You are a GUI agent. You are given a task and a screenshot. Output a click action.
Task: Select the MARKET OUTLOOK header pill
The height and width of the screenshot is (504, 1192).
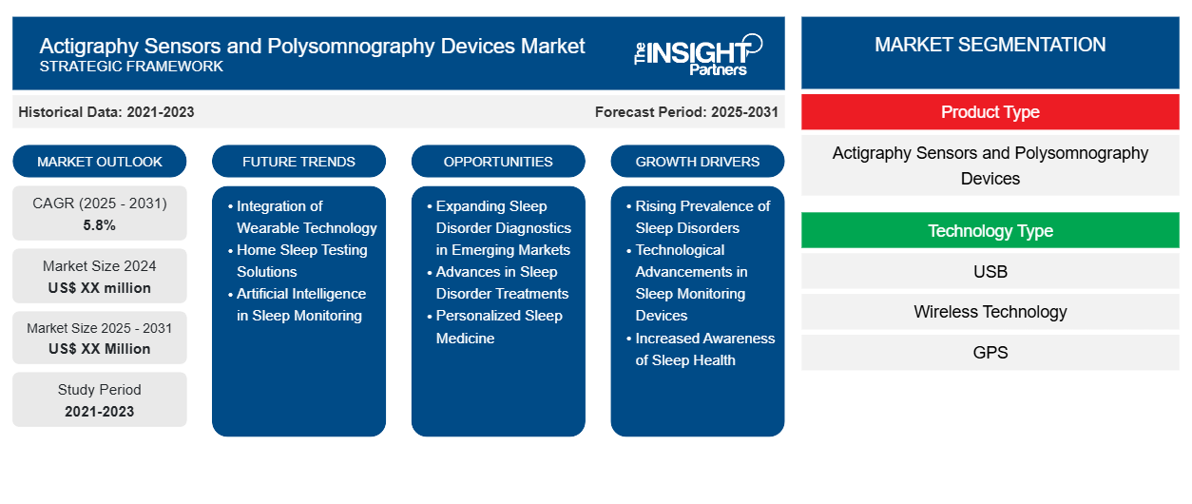click(100, 162)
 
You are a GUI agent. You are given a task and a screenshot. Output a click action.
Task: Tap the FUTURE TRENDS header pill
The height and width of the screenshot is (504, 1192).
click(298, 162)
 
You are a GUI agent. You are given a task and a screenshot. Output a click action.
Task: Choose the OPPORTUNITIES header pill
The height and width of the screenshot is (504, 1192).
click(498, 162)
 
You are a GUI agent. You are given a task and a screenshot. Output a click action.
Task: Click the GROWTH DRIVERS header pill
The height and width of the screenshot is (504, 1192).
click(698, 162)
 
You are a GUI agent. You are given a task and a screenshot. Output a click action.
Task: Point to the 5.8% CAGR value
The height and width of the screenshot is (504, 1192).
click(100, 225)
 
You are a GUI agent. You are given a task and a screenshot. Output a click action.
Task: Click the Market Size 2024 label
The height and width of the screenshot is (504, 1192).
click(100, 266)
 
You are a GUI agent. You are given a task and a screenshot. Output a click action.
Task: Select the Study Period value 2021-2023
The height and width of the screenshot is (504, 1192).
click(100, 411)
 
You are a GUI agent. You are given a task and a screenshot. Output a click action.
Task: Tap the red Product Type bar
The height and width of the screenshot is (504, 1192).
click(990, 112)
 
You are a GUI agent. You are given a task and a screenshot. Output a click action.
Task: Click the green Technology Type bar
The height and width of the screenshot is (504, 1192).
click(990, 231)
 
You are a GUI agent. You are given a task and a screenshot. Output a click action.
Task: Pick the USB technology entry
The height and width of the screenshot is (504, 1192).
click(990, 272)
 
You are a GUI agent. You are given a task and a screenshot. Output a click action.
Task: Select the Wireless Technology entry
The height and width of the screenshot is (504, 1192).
click(990, 312)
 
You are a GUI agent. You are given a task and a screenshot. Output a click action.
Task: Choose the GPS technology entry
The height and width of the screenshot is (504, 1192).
click(990, 353)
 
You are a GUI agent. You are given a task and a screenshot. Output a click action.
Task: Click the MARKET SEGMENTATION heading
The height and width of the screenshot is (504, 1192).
click(990, 45)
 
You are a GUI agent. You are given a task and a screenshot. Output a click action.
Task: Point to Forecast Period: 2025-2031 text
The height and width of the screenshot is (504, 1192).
click(686, 112)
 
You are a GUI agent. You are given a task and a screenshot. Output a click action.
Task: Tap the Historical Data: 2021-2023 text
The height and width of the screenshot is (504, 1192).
click(106, 112)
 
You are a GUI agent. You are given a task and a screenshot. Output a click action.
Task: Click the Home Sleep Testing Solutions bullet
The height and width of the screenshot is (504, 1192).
click(301, 261)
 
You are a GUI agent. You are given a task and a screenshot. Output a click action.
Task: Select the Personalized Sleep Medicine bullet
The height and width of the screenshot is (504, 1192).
click(499, 326)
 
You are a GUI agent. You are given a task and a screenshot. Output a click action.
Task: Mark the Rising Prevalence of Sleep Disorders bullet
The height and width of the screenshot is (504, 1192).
click(702, 217)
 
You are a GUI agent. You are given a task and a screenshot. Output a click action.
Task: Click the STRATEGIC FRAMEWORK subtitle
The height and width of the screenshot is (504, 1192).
click(131, 67)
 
